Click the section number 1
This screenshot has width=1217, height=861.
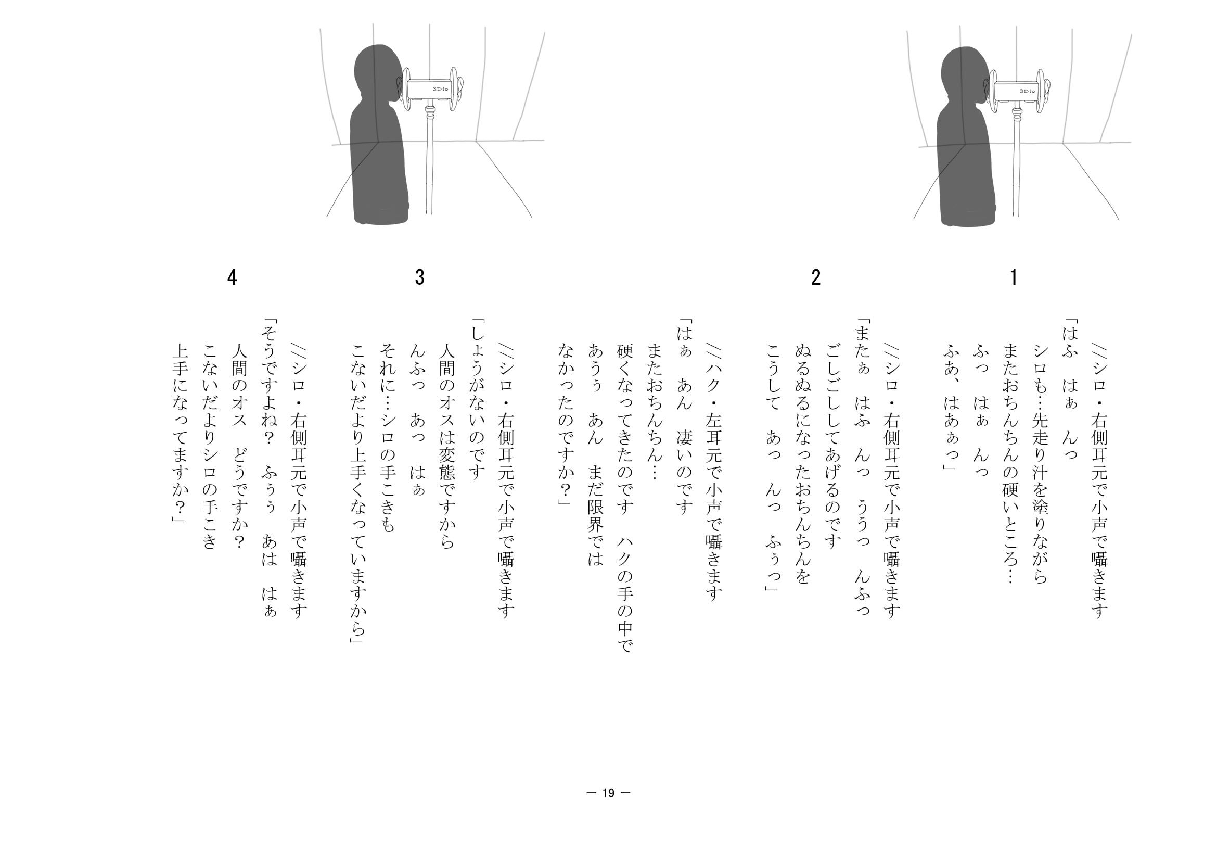click(x=1014, y=277)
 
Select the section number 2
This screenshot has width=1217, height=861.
click(x=816, y=277)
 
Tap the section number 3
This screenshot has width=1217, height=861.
click(x=419, y=277)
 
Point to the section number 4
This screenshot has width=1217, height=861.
click(x=232, y=277)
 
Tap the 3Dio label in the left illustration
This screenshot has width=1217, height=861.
click(x=440, y=89)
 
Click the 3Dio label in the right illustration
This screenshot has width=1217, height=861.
click(x=1027, y=91)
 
